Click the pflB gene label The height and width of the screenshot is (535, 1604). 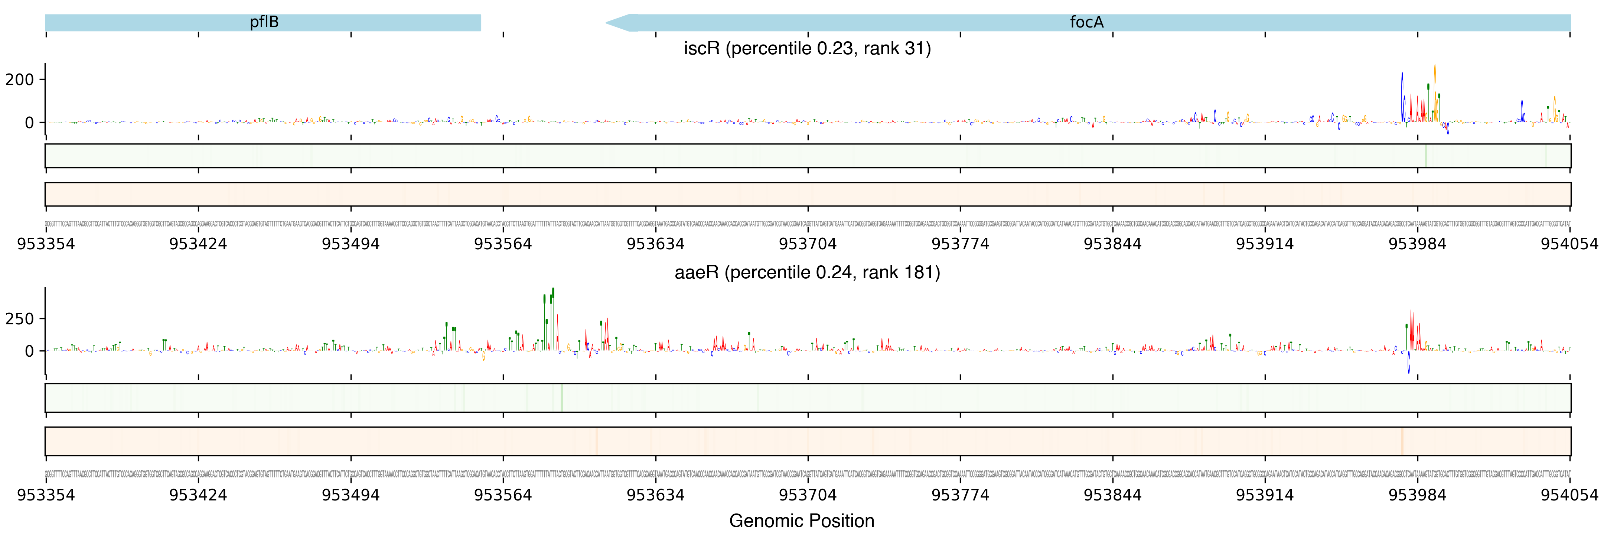pyautogui.click(x=264, y=22)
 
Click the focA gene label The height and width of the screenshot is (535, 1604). pyautogui.click(x=1086, y=22)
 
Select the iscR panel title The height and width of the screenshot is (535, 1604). pyautogui.click(x=807, y=49)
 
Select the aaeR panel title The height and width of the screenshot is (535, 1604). pyautogui.click(x=807, y=273)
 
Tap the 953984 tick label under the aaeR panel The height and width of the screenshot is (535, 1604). pyautogui.click(x=1417, y=495)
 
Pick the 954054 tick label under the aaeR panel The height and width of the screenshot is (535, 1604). pyautogui.click(x=1569, y=495)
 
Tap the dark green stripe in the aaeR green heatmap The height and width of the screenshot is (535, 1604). pyautogui.click(x=562, y=398)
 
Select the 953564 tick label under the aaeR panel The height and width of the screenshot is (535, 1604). pyautogui.click(x=503, y=495)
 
